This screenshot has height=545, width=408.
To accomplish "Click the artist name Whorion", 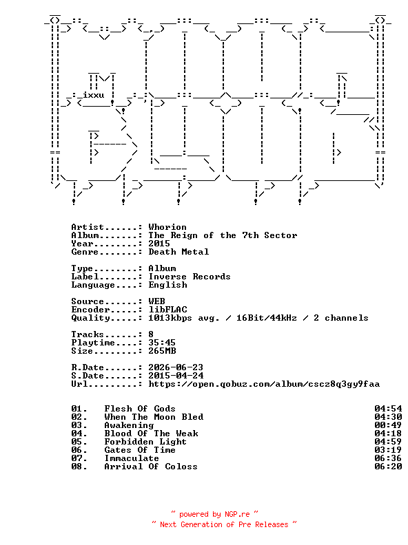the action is [167, 227].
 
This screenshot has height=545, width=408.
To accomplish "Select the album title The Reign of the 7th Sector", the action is [223, 235].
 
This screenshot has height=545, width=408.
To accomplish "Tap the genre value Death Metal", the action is [178, 252].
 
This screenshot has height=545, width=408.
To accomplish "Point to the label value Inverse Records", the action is [190, 277].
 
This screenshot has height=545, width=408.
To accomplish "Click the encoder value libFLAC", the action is [167, 310].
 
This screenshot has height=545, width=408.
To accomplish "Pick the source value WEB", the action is [156, 301].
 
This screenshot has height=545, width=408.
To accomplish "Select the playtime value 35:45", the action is [162, 343].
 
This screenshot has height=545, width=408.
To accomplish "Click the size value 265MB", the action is [162, 351].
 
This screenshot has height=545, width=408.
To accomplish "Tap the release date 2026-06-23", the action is [176, 367].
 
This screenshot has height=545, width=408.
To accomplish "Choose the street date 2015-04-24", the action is [176, 376].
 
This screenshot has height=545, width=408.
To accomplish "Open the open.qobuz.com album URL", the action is [264, 384].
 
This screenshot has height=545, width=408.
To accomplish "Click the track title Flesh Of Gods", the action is [140, 409].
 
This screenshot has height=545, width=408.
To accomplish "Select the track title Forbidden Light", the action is [145, 442].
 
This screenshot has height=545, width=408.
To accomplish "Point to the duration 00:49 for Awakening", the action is [388, 425].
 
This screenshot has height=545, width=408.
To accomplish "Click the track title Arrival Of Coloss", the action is [151, 467].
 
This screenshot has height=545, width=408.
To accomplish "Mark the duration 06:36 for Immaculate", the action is [388, 458].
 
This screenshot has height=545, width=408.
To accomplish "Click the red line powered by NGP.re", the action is [215, 514].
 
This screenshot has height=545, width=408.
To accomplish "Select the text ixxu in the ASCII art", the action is [93, 95].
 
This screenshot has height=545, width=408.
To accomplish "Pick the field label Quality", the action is [90, 318].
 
